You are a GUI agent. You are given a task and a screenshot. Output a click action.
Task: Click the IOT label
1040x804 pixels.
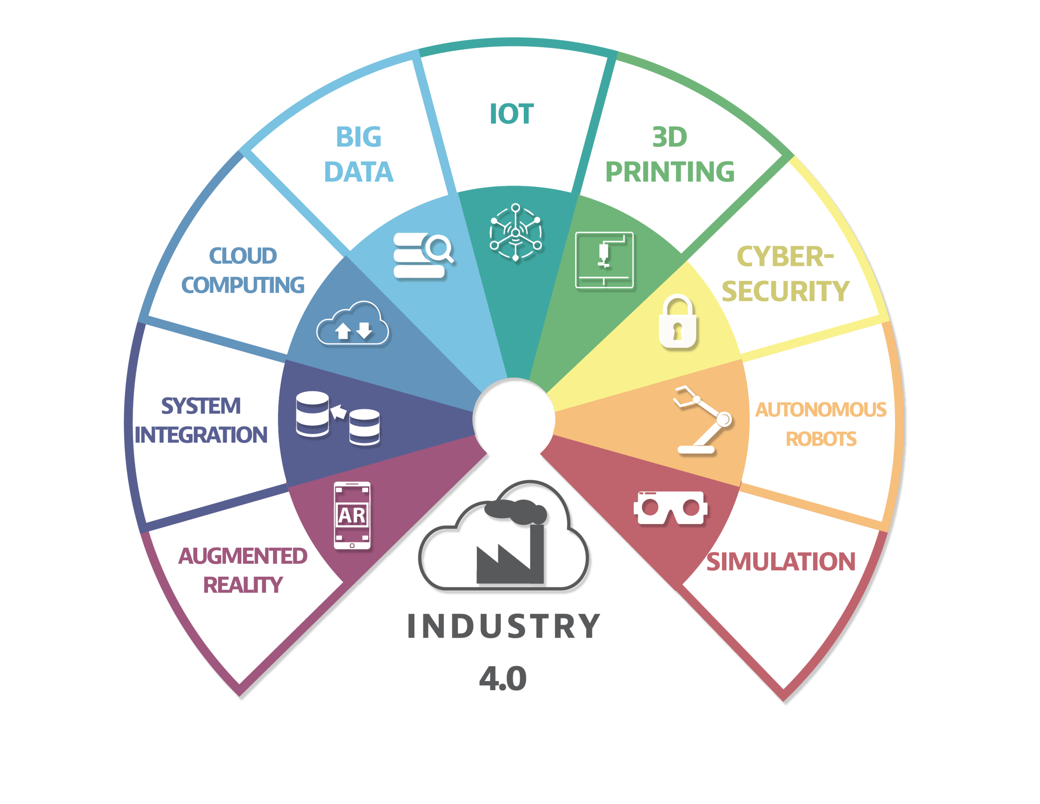click(x=512, y=114)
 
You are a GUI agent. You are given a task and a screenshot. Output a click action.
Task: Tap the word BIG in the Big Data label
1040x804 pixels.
click(x=359, y=137)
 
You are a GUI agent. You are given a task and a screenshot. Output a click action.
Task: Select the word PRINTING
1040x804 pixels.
click(x=669, y=172)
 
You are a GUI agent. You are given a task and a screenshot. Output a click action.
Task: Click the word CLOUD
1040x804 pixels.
click(x=243, y=256)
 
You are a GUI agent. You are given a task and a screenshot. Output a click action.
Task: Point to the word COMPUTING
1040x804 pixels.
click(x=243, y=285)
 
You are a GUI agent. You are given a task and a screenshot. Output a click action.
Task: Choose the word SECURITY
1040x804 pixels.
click(x=785, y=291)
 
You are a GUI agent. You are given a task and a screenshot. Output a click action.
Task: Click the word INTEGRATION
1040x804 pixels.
click(x=201, y=435)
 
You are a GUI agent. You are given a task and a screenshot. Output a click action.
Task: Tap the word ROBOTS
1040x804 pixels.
click(x=820, y=439)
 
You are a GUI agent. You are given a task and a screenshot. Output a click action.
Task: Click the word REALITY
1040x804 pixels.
click(x=243, y=585)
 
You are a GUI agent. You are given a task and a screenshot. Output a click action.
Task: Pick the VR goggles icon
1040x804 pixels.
click(x=671, y=508)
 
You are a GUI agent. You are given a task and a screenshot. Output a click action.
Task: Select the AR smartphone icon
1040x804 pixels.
click(x=352, y=515)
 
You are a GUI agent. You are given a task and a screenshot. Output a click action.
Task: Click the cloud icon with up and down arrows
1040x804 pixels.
click(x=353, y=323)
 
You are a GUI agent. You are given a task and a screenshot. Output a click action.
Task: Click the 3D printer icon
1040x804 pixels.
click(x=604, y=260)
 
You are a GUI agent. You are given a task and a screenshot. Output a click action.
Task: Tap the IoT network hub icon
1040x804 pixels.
click(x=515, y=233)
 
